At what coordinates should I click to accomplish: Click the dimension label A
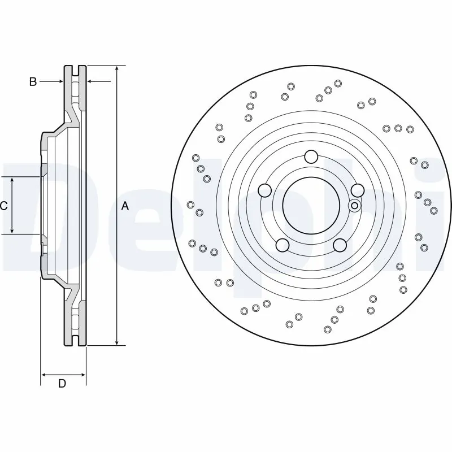125,206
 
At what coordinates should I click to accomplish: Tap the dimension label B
33,82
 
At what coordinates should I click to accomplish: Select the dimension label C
4,206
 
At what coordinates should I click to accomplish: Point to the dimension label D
63,384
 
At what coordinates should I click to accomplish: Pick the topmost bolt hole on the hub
311,157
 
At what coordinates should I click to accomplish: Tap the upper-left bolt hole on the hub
264,190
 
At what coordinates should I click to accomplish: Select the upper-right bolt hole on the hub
357,190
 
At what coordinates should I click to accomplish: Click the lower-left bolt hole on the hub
282,245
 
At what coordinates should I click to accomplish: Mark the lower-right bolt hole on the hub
340,245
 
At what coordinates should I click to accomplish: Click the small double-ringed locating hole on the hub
354,206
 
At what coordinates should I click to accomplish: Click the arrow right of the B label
59,82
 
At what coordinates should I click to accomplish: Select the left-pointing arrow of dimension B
90,82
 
